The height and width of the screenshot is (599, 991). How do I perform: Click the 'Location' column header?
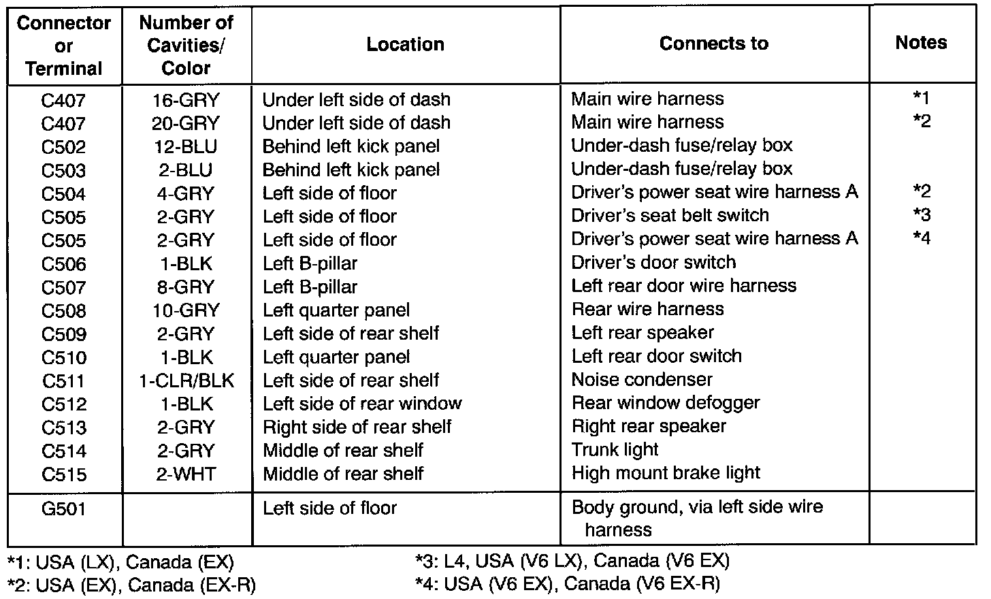click(x=405, y=45)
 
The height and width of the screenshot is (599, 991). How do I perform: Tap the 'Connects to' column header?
click(x=714, y=44)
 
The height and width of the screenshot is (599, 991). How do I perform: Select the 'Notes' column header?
click(x=921, y=43)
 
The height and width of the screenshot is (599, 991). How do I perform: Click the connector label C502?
click(x=64, y=147)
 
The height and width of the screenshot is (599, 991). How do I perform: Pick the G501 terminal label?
click(x=64, y=508)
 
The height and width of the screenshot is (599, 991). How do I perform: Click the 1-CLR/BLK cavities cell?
click(x=186, y=381)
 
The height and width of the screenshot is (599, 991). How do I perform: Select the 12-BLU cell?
click(x=186, y=146)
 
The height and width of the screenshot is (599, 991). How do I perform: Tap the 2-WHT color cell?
click(x=186, y=474)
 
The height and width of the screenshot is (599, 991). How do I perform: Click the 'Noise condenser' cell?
click(x=642, y=379)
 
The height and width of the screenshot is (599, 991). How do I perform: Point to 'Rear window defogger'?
click(x=665, y=403)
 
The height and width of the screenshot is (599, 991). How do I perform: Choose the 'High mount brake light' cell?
click(x=666, y=473)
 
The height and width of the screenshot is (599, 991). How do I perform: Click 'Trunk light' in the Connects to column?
click(x=615, y=450)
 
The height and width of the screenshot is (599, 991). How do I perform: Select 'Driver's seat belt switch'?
click(x=670, y=216)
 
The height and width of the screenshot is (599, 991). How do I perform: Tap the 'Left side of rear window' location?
click(x=362, y=404)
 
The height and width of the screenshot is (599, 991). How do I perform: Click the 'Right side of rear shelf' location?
click(x=357, y=427)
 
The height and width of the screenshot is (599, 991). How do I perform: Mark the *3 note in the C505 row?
click(x=922, y=215)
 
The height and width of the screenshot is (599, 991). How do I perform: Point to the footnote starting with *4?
click(x=567, y=583)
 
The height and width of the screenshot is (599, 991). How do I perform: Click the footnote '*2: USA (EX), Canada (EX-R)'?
click(x=131, y=585)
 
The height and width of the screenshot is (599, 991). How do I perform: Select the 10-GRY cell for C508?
click(x=186, y=310)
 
